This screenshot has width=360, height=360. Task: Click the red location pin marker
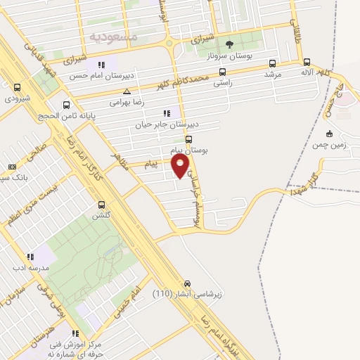(181, 166)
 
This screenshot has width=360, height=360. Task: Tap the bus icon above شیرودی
(18, 87)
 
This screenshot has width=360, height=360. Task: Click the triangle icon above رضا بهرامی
(127, 91)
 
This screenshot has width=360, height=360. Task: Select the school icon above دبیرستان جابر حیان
(166, 112)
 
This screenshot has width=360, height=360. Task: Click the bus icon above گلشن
(103, 205)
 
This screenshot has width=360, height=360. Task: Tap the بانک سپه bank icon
(12, 167)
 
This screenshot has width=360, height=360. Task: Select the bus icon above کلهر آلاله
(306, 60)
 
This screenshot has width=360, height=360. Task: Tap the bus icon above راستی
(223, 71)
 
